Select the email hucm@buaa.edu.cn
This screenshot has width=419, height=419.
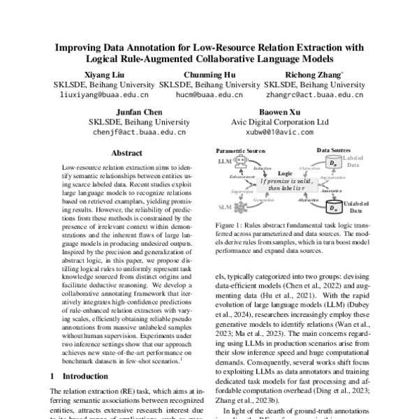(x=202, y=94)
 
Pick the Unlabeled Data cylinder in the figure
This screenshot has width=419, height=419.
(x=335, y=207)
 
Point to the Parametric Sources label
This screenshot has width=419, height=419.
(x=241, y=150)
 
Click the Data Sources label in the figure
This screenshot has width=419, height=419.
(x=334, y=150)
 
